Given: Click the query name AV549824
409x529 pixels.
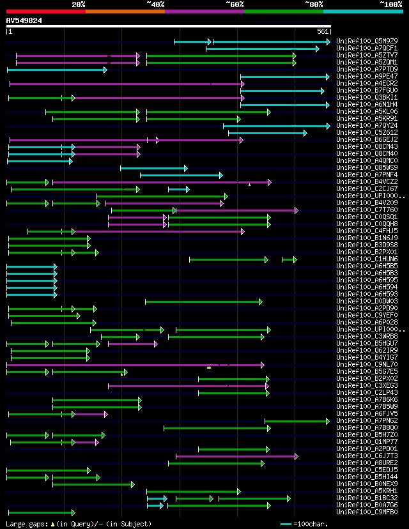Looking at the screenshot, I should [24, 20].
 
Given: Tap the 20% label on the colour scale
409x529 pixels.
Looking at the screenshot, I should [79, 4].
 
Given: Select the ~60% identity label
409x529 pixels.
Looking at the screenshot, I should [235, 4].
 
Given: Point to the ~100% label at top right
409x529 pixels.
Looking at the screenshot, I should [390, 4].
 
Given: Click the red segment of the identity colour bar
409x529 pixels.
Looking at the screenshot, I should [45, 11].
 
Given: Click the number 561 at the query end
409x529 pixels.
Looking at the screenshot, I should [322, 31].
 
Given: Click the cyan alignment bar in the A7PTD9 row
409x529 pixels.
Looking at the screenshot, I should [56, 69].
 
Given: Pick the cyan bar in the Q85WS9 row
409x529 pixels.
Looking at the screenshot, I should [153, 168].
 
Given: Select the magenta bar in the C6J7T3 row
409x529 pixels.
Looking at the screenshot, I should [236, 456].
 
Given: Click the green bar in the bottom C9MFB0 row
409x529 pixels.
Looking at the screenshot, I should [41, 512].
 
